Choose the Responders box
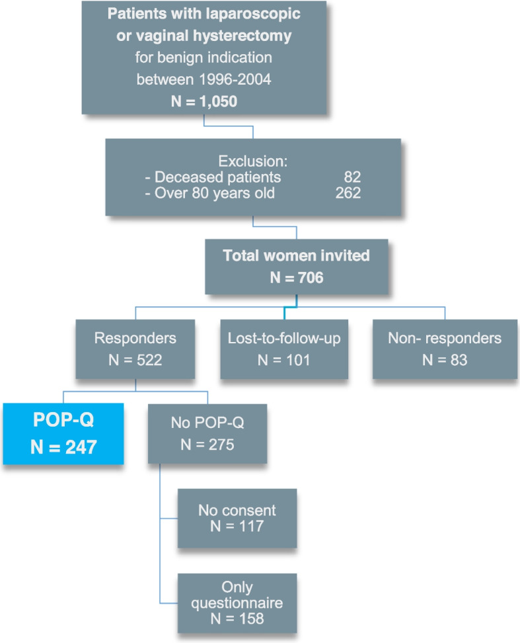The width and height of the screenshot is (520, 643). click(x=135, y=349)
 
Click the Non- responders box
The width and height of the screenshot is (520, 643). click(x=446, y=349)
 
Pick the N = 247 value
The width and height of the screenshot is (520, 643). click(x=63, y=447)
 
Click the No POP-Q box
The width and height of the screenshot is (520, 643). click(x=207, y=433)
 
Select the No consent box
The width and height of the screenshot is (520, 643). click(x=237, y=518)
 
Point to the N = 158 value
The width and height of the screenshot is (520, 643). click(x=237, y=619)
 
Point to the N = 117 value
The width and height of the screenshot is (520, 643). click(x=237, y=527)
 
